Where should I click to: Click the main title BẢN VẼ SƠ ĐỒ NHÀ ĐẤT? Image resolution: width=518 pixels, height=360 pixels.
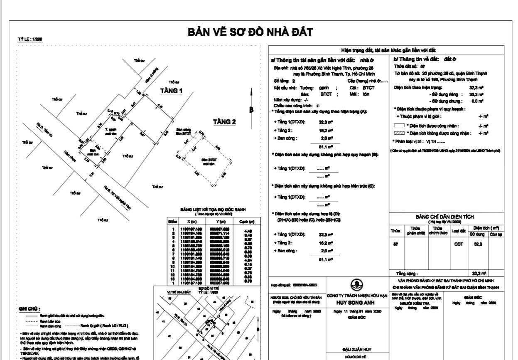click(250, 32)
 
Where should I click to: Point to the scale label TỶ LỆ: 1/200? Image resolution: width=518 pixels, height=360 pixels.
click(29, 39)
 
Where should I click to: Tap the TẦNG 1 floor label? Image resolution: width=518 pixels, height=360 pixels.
click(172, 91)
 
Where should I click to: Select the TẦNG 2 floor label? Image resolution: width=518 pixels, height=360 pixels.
click(224, 122)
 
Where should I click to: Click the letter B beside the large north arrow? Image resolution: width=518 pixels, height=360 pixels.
click(251, 110)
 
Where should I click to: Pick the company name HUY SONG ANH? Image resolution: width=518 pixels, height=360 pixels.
click(356, 303)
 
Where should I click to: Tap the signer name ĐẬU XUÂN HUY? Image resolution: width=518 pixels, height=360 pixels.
click(356, 350)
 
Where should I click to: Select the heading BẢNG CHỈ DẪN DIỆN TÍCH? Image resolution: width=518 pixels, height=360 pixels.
click(444, 217)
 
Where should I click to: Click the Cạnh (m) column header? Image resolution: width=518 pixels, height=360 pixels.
click(252, 222)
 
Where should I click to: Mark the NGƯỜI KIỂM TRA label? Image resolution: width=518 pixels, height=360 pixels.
click(405, 303)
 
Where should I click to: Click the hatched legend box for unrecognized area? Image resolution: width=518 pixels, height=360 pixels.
click(399, 133)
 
